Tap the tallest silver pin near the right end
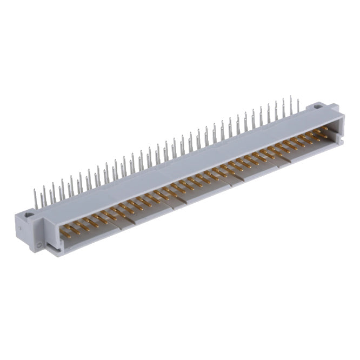[x=291, y=106]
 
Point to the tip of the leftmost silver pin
[x=35, y=189]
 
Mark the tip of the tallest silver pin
[x=290, y=97]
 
